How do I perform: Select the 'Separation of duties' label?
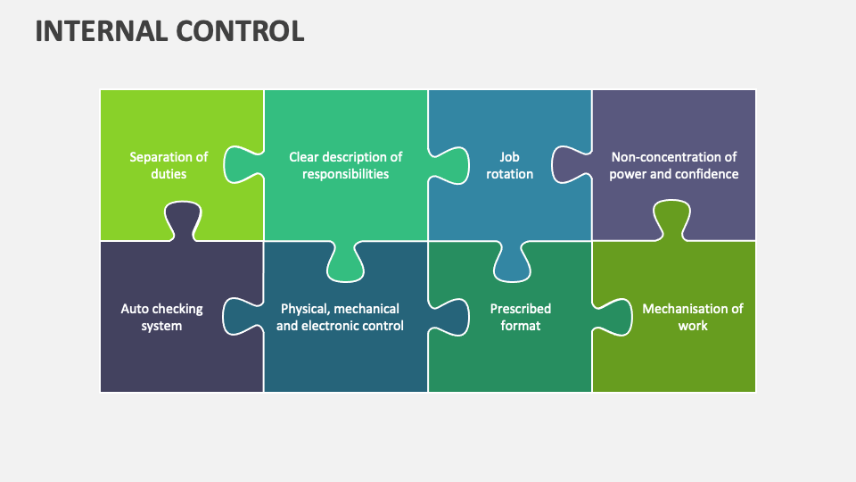169,165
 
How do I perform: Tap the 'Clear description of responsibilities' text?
345,165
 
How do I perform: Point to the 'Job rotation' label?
509,165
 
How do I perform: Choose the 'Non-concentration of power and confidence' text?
674,165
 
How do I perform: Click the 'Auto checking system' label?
161,317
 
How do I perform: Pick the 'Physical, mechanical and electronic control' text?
340,317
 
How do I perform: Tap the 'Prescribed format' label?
520,317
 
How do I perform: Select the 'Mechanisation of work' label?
692,317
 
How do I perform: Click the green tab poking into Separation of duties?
241,165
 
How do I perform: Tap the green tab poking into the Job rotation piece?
450,165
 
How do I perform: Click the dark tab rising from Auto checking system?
182,220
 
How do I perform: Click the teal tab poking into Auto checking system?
241,317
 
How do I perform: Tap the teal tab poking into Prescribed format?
450,317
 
